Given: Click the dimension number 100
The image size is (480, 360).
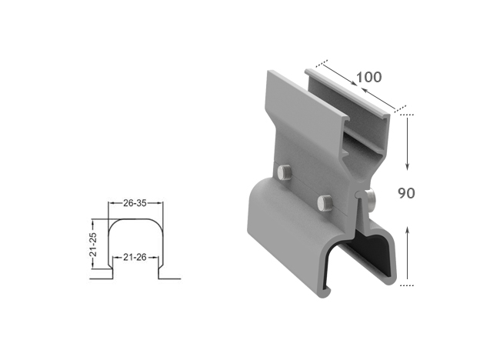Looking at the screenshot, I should tap(368, 78).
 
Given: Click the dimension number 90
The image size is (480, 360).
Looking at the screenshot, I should tap(407, 192).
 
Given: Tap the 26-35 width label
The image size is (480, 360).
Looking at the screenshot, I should tap(135, 204).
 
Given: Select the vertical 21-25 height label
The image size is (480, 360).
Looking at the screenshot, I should tap(94, 241).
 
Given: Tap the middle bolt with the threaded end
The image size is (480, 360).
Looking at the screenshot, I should tap(325, 203).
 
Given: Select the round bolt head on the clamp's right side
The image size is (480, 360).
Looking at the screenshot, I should tap(372, 198).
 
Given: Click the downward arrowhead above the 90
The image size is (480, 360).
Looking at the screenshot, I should tap(407, 167).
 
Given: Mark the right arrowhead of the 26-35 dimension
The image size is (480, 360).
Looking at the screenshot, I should tap(161, 204).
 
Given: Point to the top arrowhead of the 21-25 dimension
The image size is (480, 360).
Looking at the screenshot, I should tap(94, 222).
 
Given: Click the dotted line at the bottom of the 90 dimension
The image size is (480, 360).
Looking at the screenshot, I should tap(408, 285).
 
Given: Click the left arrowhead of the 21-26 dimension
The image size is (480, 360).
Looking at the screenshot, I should tap(116, 257).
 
